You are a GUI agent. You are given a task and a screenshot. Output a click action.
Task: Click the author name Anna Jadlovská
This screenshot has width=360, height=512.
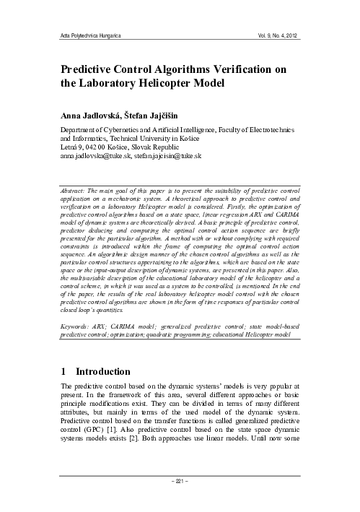tap(88, 114)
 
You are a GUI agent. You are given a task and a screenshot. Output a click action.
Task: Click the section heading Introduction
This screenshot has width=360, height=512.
tap(104, 373)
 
